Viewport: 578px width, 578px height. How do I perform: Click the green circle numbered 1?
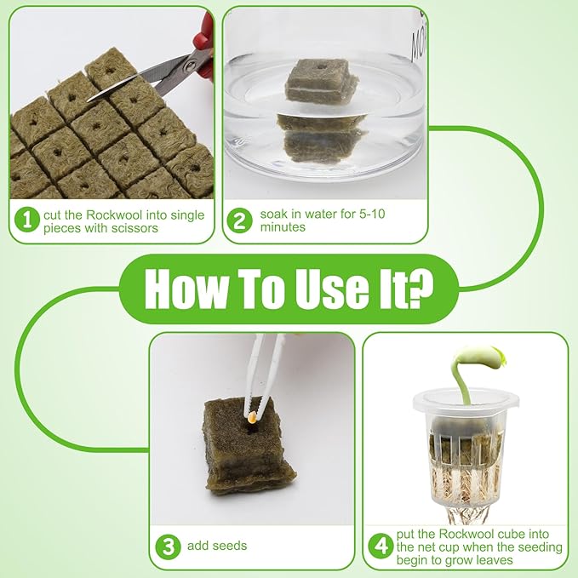[27, 220]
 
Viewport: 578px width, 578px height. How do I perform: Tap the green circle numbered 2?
[239, 220]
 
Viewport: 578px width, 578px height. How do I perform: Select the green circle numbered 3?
[168, 547]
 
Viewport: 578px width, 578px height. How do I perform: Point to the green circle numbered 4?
[381, 546]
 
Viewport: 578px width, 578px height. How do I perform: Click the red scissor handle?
[204, 43]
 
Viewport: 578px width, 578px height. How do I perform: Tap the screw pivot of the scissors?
[190, 66]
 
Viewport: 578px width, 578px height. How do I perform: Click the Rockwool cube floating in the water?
[321, 81]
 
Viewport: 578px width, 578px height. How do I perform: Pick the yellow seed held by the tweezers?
[253, 417]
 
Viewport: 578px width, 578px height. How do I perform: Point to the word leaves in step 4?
[495, 560]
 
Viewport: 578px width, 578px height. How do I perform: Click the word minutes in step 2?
[283, 227]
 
